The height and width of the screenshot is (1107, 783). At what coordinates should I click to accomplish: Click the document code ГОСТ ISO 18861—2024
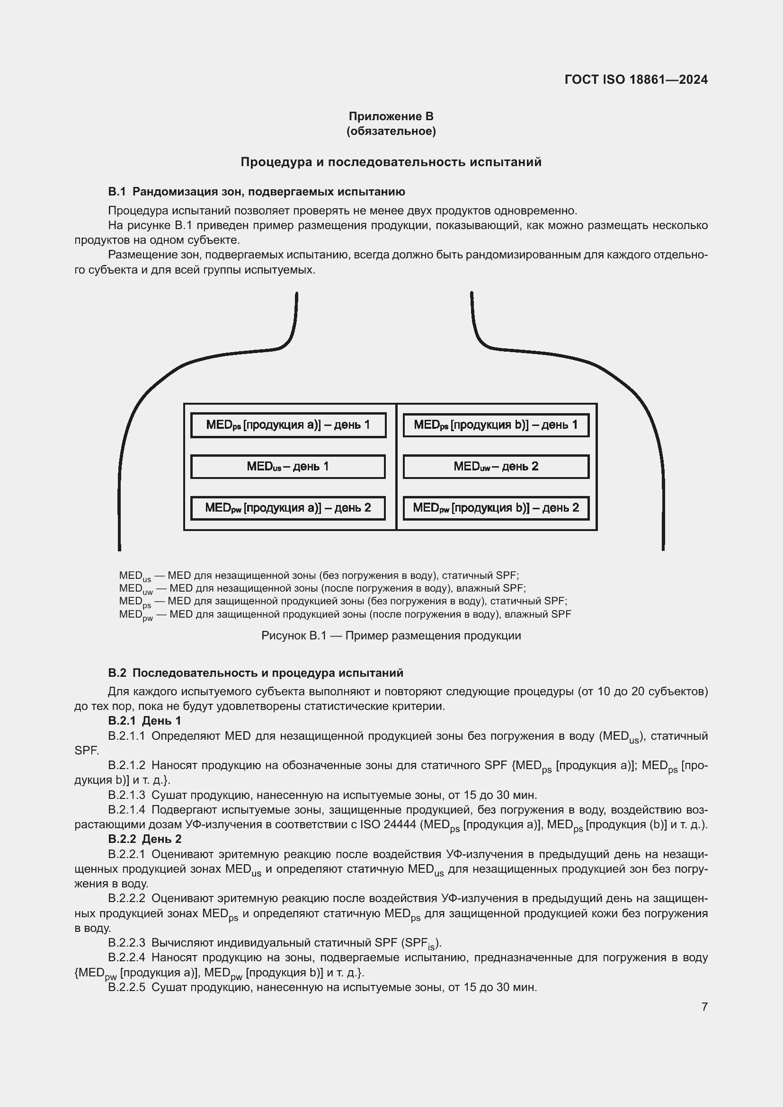pyautogui.click(x=635, y=80)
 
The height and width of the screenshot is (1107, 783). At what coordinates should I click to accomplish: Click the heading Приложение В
pyautogui.click(x=391, y=116)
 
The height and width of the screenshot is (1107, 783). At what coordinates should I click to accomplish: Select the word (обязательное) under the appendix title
pyautogui.click(x=391, y=131)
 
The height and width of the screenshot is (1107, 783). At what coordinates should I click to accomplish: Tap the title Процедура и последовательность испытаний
pyautogui.click(x=391, y=162)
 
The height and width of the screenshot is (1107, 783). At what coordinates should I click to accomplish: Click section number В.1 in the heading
pyautogui.click(x=116, y=192)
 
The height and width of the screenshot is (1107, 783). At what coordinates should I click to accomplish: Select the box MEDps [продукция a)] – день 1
pyautogui.click(x=288, y=425)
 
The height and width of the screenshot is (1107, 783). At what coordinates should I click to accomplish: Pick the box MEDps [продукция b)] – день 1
pyautogui.click(x=496, y=425)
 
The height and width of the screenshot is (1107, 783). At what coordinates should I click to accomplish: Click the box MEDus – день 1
pyautogui.click(x=288, y=466)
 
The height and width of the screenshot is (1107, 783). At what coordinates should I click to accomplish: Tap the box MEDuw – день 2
pyautogui.click(x=496, y=466)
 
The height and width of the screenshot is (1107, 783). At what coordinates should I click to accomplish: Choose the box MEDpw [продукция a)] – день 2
pyautogui.click(x=288, y=508)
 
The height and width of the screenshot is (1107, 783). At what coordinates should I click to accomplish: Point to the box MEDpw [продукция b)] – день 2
pyautogui.click(x=496, y=508)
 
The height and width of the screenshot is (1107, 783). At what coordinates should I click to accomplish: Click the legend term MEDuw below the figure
pyautogui.click(x=135, y=589)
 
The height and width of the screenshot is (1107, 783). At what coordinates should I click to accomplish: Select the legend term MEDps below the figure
pyautogui.click(x=135, y=602)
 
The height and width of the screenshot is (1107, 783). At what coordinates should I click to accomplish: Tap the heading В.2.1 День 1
pyautogui.click(x=145, y=721)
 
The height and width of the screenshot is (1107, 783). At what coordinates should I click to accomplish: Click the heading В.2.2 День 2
pyautogui.click(x=145, y=839)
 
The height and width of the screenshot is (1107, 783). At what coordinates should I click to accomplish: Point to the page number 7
pyautogui.click(x=704, y=1007)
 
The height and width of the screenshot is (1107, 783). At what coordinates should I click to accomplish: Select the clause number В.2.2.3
pyautogui.click(x=126, y=943)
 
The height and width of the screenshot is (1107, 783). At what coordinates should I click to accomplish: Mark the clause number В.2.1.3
pyautogui.click(x=126, y=795)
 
